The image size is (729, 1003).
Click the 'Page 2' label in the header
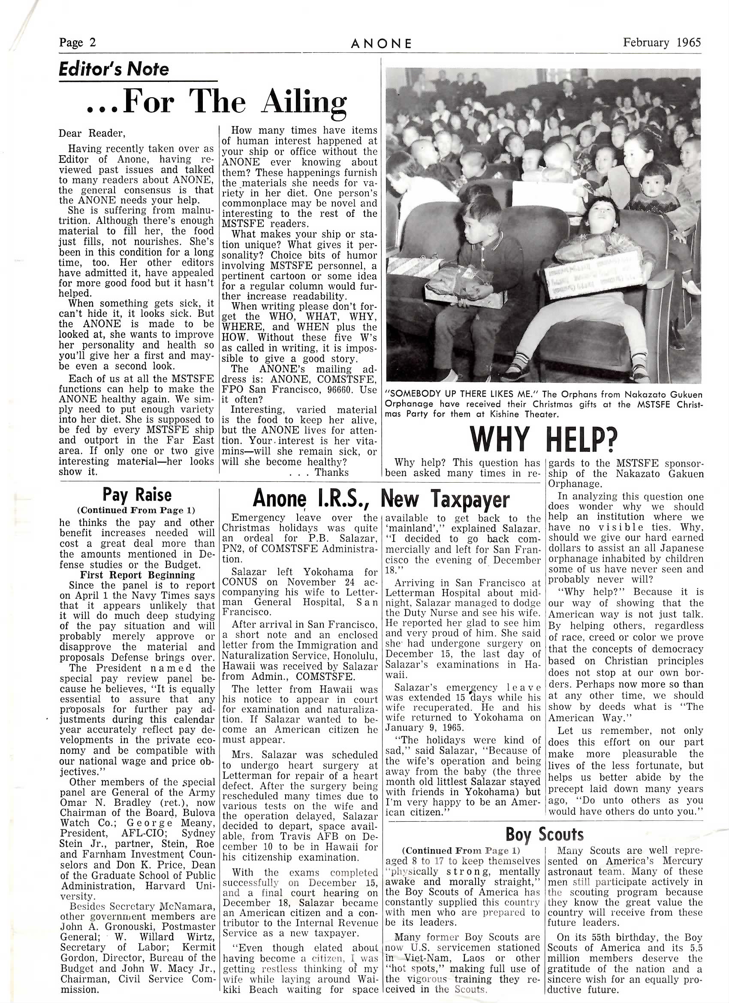(x=78, y=43)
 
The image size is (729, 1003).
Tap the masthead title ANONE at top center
(x=381, y=43)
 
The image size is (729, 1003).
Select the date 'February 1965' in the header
(x=662, y=42)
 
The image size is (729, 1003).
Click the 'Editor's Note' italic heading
(x=114, y=69)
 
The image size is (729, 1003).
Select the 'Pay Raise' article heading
(x=137, y=494)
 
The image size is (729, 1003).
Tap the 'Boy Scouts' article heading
(x=545, y=835)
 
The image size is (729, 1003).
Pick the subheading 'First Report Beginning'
(x=137, y=575)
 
